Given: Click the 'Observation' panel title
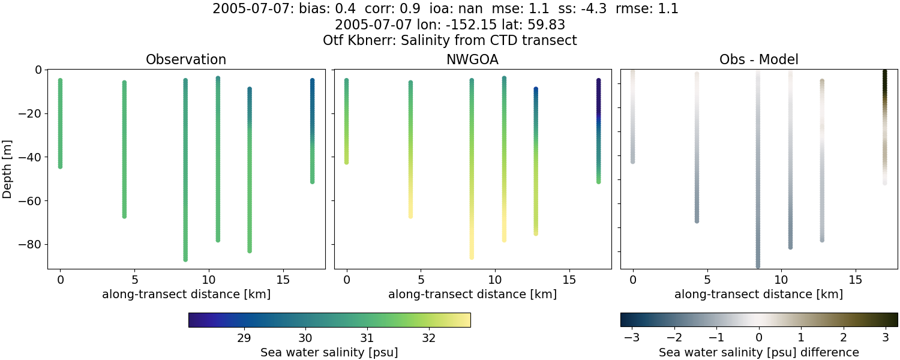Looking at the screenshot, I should pos(186,59).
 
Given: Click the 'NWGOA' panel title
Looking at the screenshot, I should pos(472,59).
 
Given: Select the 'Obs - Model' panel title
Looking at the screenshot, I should pos(758,59).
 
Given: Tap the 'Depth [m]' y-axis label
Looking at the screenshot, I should pos(7,169).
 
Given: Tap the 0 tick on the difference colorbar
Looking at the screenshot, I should pos(759,338).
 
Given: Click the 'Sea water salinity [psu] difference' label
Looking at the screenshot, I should pos(759,352).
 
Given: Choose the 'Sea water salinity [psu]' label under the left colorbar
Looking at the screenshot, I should pos(329,352).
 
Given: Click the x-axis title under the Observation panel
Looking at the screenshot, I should pos(186,294).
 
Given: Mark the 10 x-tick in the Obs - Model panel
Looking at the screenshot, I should pos(781,280).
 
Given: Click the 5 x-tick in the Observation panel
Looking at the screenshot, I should pos(134,280).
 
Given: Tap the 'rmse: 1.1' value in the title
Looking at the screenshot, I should pos(653,9).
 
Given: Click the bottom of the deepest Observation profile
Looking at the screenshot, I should pos(185,259).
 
